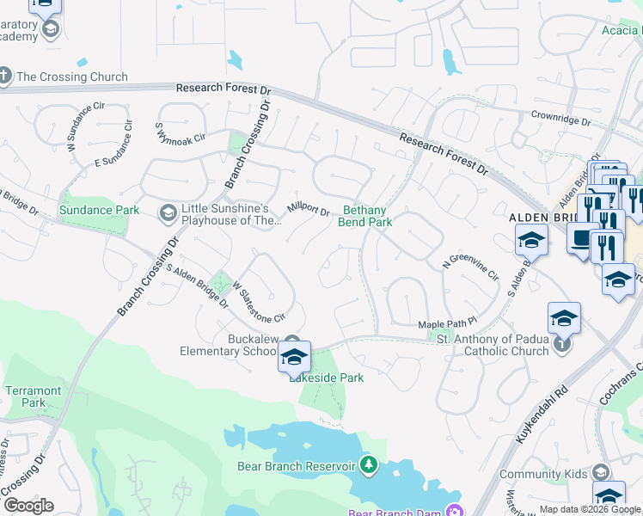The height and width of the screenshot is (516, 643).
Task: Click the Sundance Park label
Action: (x=98, y=210)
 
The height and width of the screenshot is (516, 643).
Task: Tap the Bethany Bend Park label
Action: (x=369, y=215)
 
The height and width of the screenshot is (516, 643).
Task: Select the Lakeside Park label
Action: (x=326, y=378)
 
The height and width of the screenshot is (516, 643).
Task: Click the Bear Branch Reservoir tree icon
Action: (x=369, y=466)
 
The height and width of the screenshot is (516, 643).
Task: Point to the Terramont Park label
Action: (x=34, y=396)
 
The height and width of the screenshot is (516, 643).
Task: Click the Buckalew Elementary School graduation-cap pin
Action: (x=294, y=357)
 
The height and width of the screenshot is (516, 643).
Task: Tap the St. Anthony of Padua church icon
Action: (x=561, y=345)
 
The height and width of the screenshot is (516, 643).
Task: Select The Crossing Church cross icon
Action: (x=5, y=76)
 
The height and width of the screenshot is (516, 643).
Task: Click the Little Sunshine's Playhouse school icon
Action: (x=168, y=212)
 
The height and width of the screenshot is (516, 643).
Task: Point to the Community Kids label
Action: (x=543, y=474)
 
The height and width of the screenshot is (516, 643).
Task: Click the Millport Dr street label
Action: (x=309, y=209)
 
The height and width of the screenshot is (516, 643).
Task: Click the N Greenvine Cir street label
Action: (x=470, y=268)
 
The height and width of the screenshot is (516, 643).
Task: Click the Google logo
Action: (x=28, y=506)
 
